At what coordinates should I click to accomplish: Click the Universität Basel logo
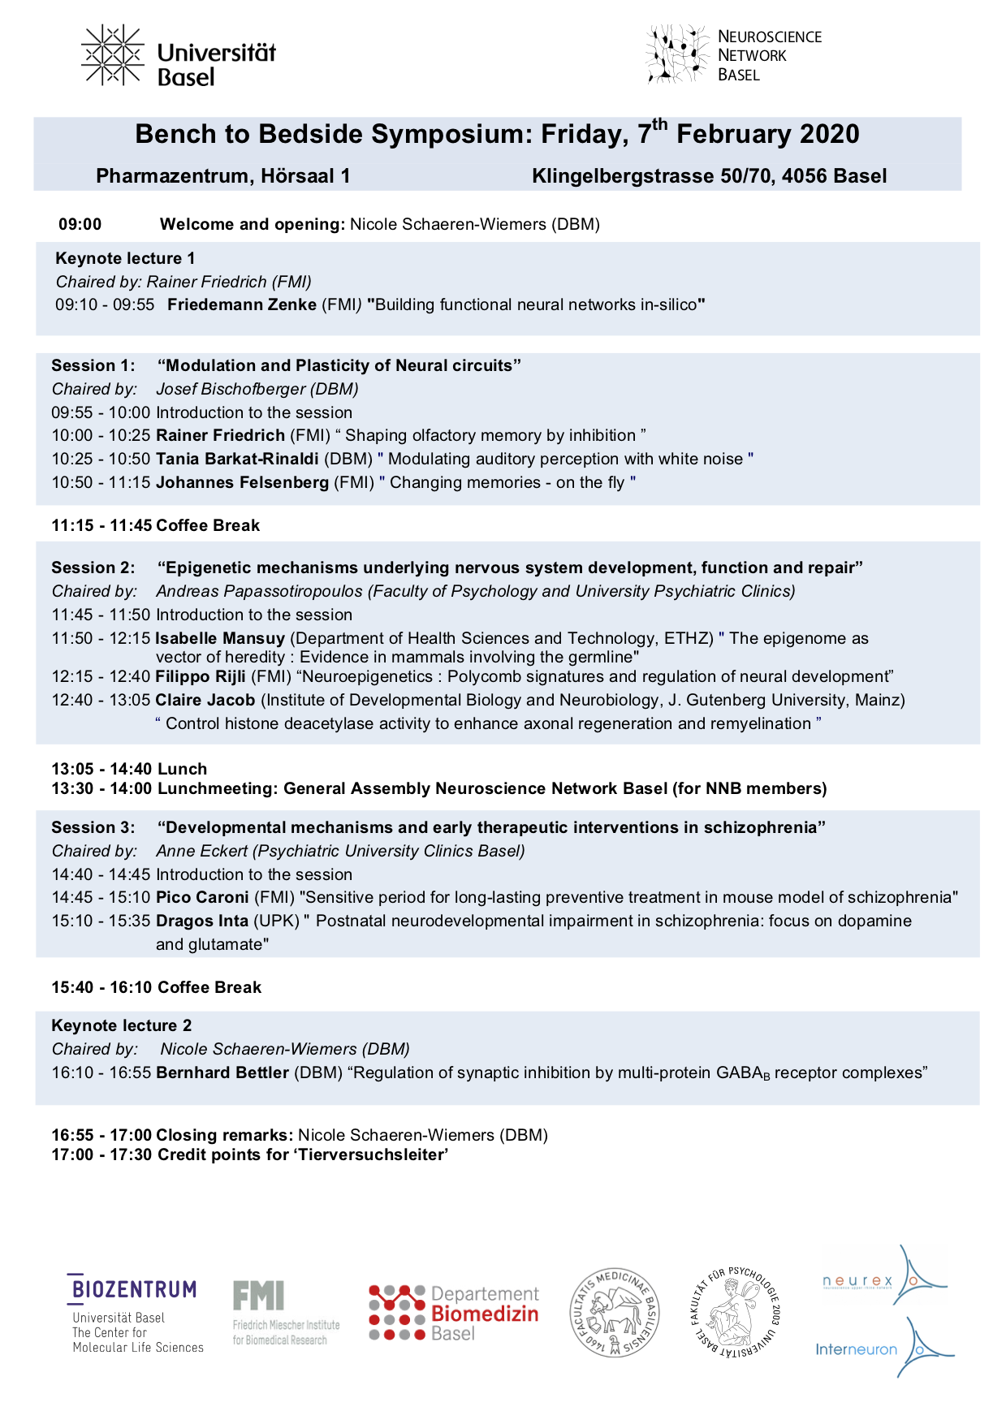point(179,55)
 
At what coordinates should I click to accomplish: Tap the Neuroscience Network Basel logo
point(734,54)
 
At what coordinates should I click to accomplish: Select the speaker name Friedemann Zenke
point(242,305)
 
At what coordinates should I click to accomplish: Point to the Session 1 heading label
point(93,366)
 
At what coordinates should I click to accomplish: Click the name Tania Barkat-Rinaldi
point(237,460)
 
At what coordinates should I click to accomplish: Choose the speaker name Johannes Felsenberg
point(242,483)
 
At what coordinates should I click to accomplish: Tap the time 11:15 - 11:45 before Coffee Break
point(101,526)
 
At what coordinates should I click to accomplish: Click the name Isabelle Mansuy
point(220,639)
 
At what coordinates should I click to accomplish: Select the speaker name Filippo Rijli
point(201,677)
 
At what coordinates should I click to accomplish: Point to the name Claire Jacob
point(205,701)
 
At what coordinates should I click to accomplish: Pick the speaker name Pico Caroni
point(202,898)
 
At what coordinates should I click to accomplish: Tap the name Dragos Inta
point(202,921)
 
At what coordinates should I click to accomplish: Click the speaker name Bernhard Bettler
point(222,1073)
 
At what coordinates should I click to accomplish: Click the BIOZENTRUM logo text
point(134,1289)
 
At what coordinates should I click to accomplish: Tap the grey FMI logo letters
point(258,1296)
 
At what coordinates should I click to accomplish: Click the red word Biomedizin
point(485,1314)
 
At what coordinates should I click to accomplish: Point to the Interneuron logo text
point(856,1349)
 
